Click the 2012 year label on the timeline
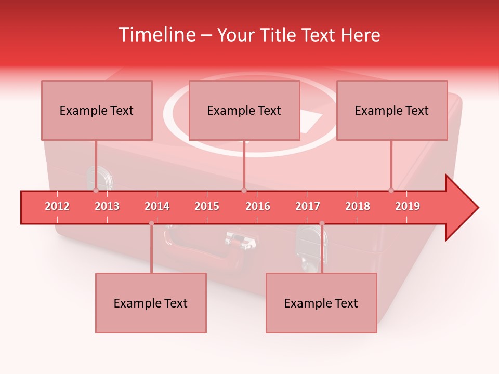57,206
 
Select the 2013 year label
107,206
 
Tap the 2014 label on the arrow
157,206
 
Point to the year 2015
207,206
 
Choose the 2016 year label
258,206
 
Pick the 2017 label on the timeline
308,206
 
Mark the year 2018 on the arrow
358,206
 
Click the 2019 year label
408,206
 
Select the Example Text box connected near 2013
97,110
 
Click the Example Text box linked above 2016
244,110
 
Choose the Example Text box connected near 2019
392,110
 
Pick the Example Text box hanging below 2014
151,303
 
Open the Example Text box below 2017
321,303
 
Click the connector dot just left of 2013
96,191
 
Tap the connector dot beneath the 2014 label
151,223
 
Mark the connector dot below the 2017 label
322,223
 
